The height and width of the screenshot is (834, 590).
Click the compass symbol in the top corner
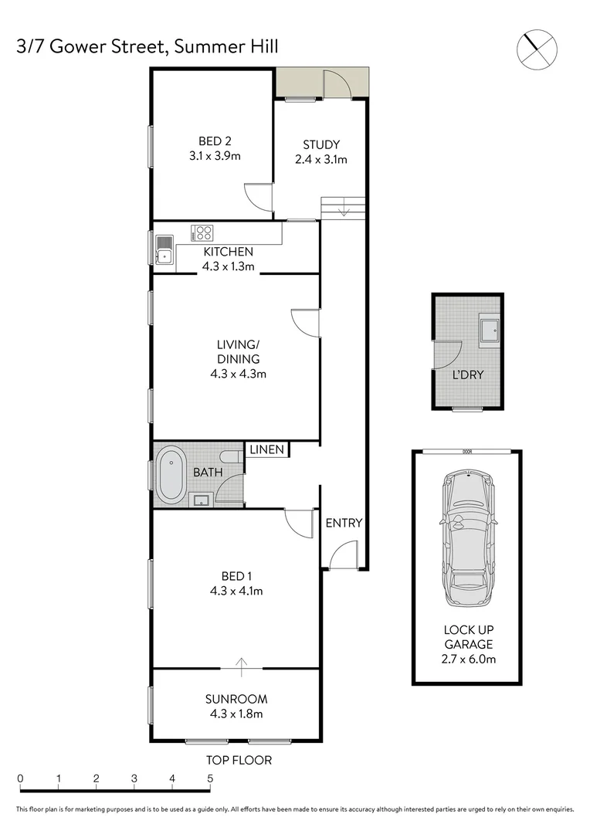click(535, 48)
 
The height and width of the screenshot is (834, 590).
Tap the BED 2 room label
click(215, 141)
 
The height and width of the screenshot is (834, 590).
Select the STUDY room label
click(320, 144)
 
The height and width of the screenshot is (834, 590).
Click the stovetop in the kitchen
click(204, 232)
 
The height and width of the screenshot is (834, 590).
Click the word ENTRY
click(344, 523)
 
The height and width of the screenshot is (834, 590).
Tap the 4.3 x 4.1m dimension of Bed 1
click(236, 592)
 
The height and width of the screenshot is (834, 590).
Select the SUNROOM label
click(236, 700)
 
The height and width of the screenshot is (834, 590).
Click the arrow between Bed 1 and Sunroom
click(242, 662)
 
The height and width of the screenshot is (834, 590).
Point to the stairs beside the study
click(341, 207)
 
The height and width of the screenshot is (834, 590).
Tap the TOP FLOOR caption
click(239, 761)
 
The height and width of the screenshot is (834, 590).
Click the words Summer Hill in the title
click(225, 47)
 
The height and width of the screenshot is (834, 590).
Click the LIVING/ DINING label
click(236, 352)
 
